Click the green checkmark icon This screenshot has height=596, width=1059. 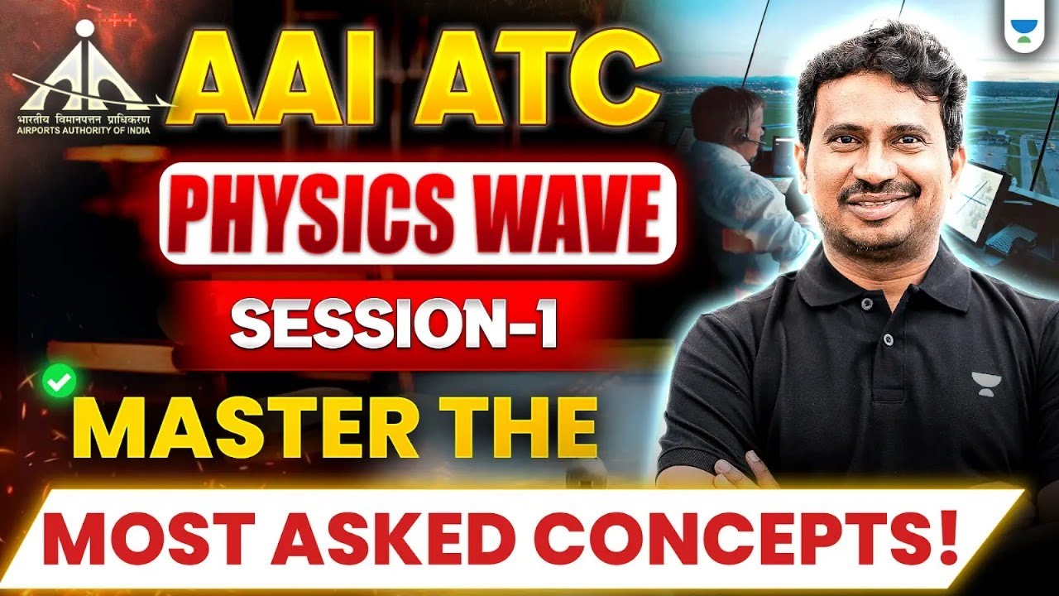coord(60,382)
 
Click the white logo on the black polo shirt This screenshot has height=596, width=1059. coord(987,383)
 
